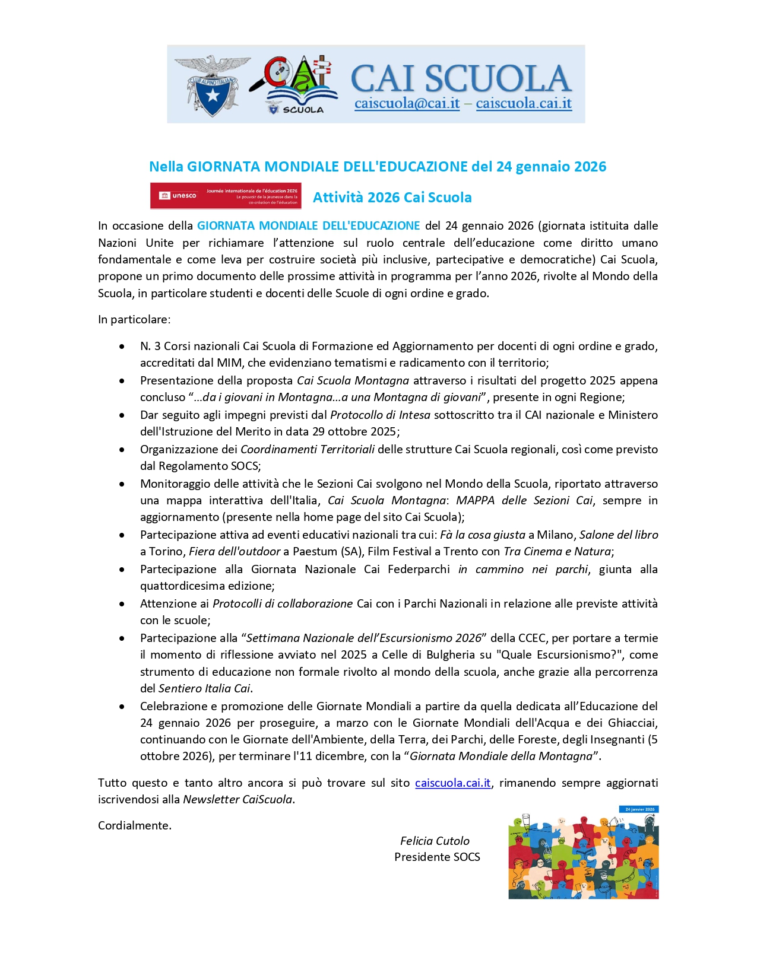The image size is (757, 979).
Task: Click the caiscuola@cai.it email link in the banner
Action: pos(407,104)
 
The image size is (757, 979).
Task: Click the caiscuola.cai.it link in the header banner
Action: pos(524,104)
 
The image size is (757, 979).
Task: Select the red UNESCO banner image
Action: pos(226,196)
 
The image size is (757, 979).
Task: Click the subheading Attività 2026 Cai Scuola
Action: pos(392,198)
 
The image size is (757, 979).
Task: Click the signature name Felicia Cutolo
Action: pos(435,841)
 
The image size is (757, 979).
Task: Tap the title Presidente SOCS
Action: pos(437,857)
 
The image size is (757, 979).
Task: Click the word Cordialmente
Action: pos(135,825)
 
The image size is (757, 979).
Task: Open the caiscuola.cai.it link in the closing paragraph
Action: pos(452,783)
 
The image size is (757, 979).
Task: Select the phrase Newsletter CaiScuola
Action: pos(237,799)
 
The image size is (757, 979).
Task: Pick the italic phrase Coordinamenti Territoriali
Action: pos(308,449)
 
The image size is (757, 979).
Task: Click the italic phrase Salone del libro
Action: pos(619,535)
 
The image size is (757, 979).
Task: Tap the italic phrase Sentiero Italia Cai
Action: pos(204,688)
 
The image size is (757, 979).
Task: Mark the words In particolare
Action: pos(134,319)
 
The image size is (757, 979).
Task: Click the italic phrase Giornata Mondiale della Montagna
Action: pos(501,756)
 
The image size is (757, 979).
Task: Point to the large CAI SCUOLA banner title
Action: pos(460,78)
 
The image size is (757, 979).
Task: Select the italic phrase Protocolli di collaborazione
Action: pos(283,603)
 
